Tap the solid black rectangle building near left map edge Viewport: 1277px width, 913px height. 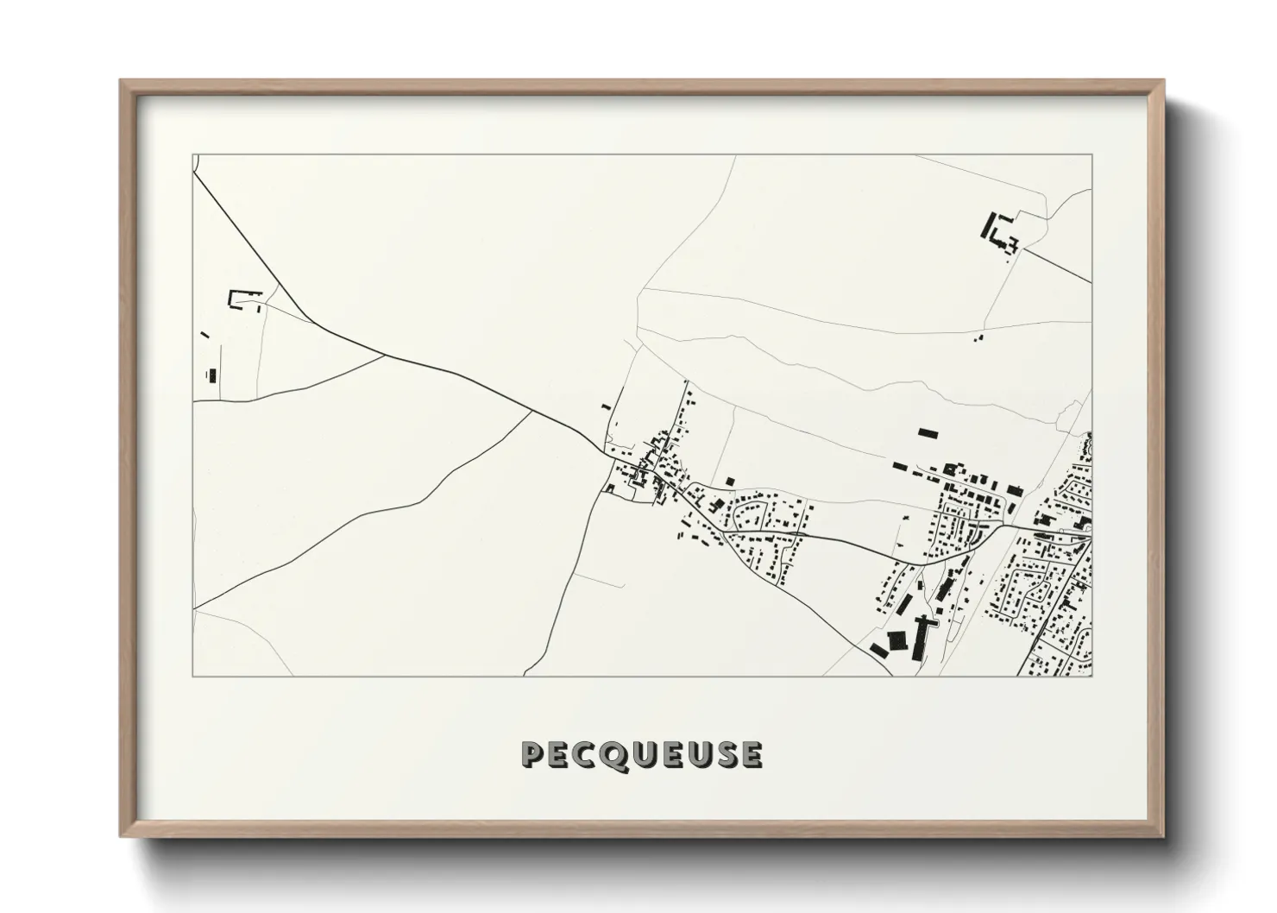211,375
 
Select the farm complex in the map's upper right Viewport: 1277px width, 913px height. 998,231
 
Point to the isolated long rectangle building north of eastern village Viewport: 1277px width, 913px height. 927,432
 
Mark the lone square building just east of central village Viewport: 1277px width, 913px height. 729,481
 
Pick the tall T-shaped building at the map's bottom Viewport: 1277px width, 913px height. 921,634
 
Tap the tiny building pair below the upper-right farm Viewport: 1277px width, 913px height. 978,337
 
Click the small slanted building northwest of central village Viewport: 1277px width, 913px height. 606,406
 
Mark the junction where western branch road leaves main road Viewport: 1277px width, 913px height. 386,355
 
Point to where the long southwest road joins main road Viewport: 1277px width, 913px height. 532,411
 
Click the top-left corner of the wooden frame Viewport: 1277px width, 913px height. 122,81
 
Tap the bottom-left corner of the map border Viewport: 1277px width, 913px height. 192,676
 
